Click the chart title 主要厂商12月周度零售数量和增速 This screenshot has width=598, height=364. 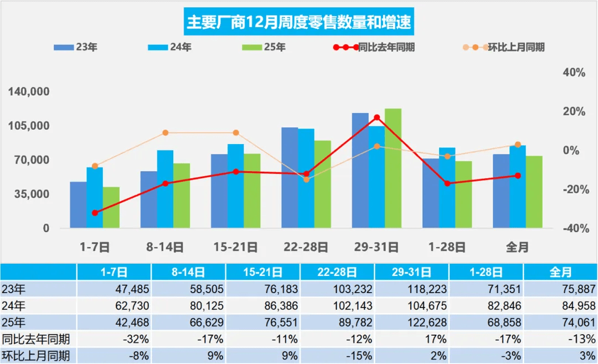pyautogui.click(x=299, y=24)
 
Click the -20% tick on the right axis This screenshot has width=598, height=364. pyautogui.click(x=574, y=189)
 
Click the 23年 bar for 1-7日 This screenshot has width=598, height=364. pyautogui.click(x=78, y=205)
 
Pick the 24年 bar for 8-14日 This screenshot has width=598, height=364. pyautogui.click(x=165, y=189)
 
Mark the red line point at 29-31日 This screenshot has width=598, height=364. pyautogui.click(x=377, y=117)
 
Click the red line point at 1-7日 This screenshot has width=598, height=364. pyautogui.click(x=95, y=213)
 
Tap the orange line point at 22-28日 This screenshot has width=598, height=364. pyautogui.click(x=306, y=180)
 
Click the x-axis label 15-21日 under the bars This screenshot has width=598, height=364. pyautogui.click(x=235, y=247)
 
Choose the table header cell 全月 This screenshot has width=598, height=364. pyautogui.click(x=560, y=272)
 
